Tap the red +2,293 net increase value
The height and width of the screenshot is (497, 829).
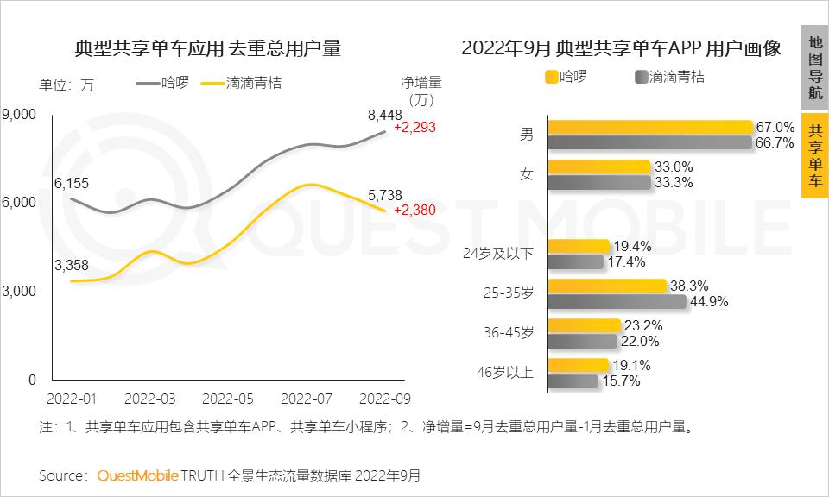point(414,127)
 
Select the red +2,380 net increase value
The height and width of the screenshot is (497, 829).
point(414,209)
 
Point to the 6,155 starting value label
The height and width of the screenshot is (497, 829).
point(71,183)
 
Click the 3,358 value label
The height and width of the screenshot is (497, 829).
point(71,265)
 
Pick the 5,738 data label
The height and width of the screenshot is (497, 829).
point(384,196)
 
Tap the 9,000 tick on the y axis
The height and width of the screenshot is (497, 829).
point(19,114)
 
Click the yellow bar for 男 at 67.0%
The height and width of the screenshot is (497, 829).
point(650,127)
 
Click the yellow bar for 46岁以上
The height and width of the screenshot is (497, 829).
point(578,365)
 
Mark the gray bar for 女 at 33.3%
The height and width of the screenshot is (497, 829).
point(598,182)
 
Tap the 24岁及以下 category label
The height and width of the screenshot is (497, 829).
point(499,254)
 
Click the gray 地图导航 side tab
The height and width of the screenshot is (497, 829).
point(814,67)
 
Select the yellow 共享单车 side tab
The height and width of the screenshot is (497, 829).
point(814,155)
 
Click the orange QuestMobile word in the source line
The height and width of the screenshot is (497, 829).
point(138,475)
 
